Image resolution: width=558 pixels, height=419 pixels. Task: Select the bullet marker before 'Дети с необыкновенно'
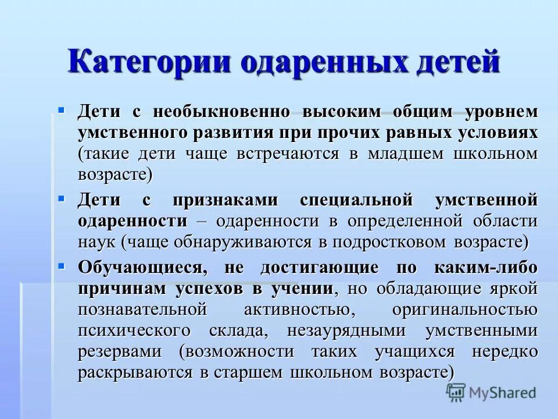tap(61, 109)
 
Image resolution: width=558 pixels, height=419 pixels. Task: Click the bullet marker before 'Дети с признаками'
tap(61, 198)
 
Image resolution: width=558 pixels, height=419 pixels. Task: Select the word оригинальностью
tap(464, 309)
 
